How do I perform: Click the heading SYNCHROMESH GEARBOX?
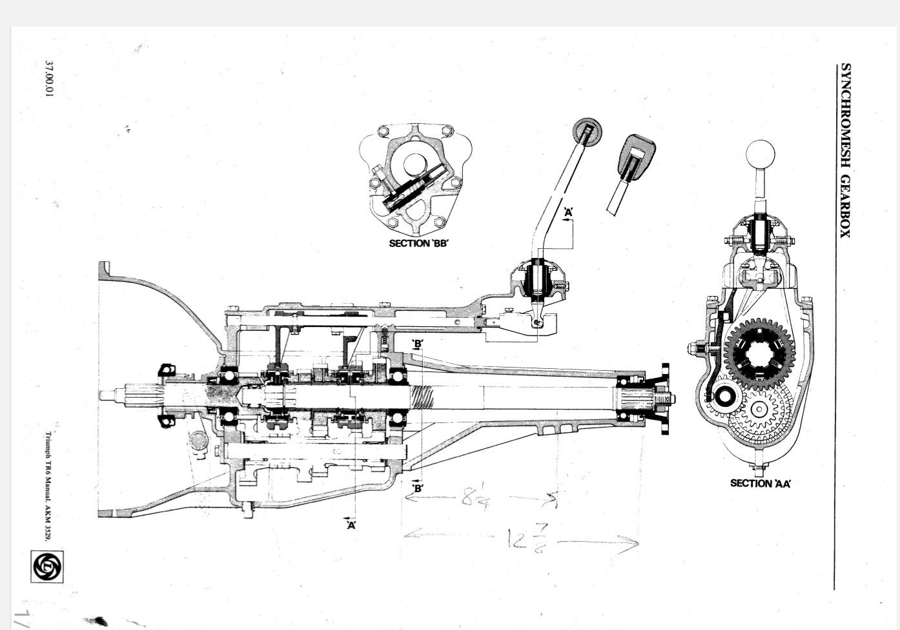click(x=844, y=150)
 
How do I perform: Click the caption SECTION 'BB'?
click(x=418, y=243)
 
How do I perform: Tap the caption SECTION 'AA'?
click(x=761, y=483)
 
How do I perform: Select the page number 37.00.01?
click(x=50, y=80)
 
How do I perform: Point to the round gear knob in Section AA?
click(x=760, y=155)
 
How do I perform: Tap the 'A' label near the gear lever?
click(x=568, y=212)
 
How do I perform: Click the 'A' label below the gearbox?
click(x=351, y=525)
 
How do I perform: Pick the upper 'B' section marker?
click(x=418, y=344)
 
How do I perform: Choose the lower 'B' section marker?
click(x=418, y=487)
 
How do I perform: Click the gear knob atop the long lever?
click(x=587, y=132)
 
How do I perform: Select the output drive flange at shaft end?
click(x=665, y=399)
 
